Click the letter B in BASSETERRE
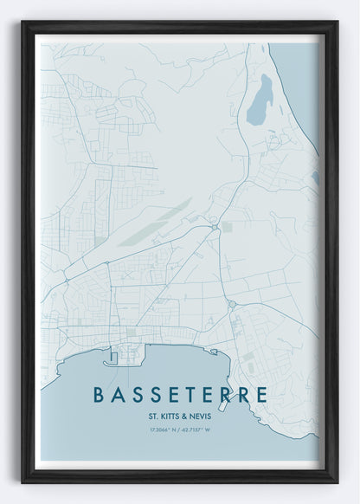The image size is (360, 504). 100,395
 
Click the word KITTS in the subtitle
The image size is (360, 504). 172,415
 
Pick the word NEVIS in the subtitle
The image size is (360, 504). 202,415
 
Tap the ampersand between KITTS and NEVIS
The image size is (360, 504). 187,415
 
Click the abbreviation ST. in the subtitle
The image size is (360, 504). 154,415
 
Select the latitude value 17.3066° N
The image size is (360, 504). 163,430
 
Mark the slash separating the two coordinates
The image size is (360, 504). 180,430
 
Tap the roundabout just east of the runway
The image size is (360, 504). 214,227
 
